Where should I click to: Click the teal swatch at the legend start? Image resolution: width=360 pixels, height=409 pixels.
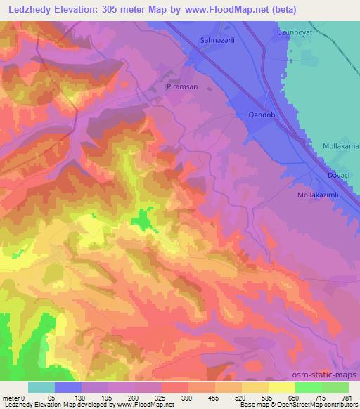(41, 387)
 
